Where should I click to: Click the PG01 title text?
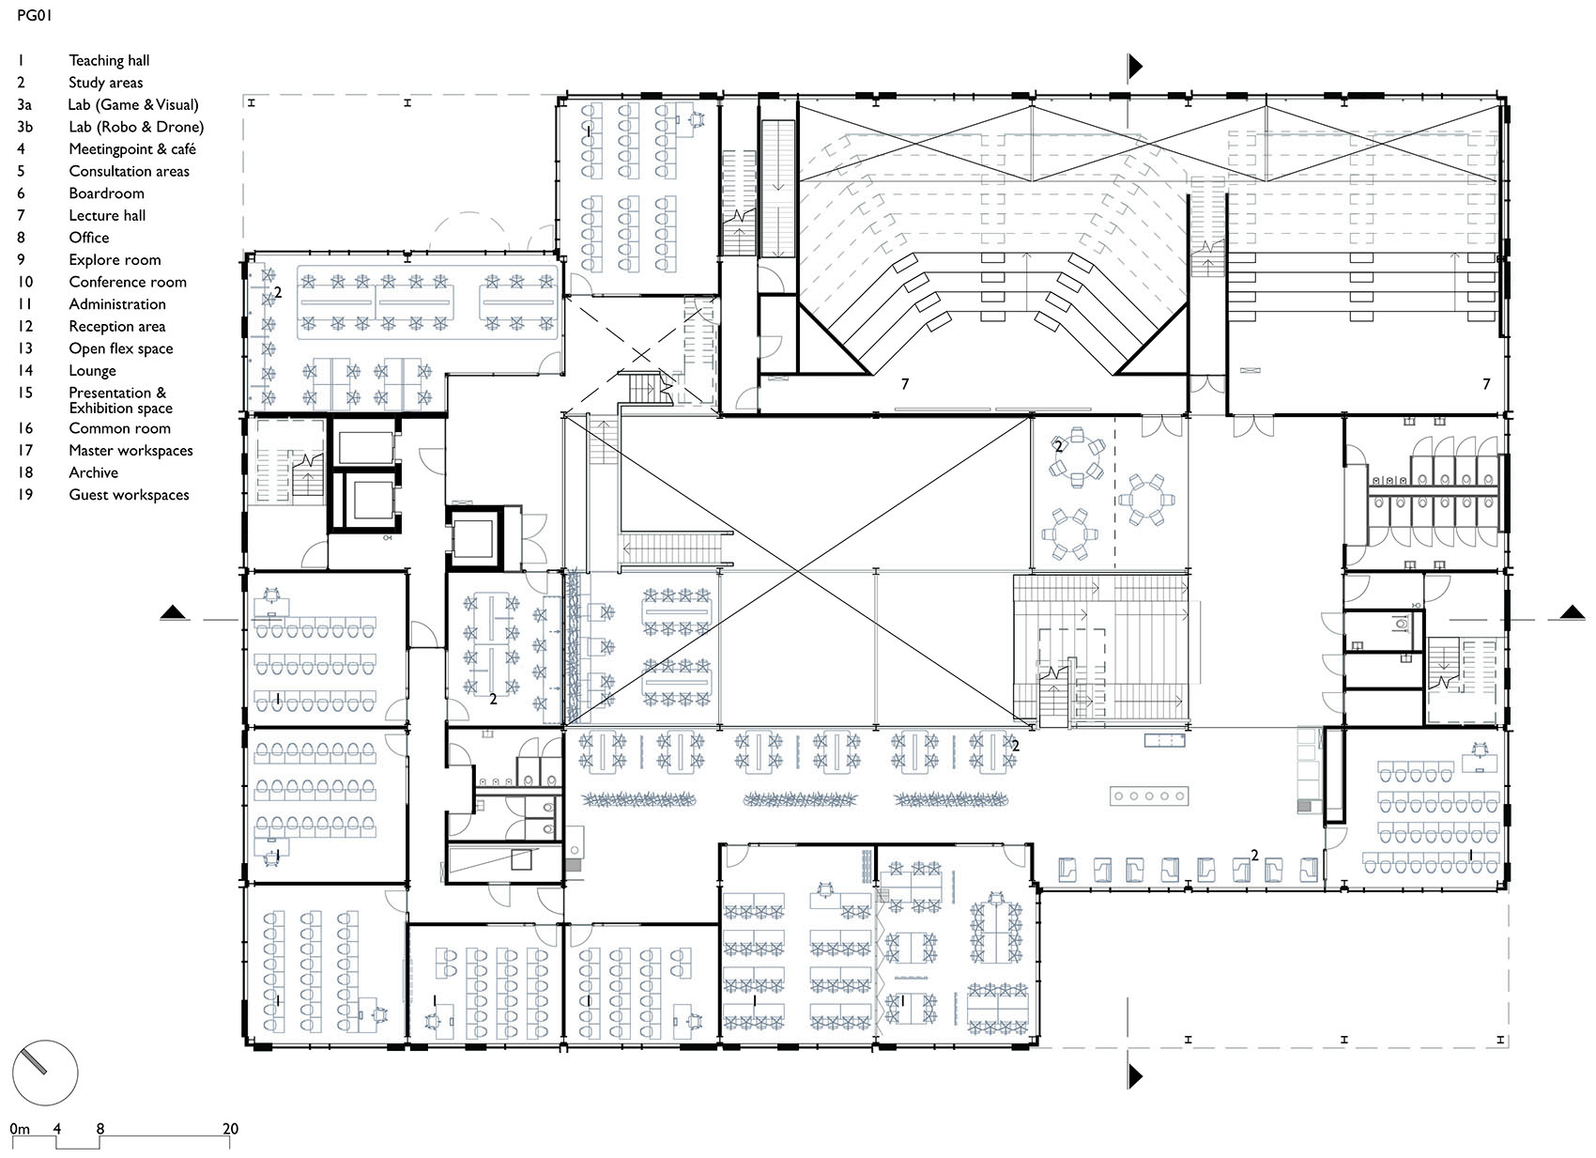pyautogui.click(x=34, y=16)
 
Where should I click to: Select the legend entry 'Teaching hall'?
pyautogui.click(x=109, y=60)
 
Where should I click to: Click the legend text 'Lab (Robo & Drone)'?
pyautogui.click(x=135, y=127)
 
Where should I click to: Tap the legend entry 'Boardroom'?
pyautogui.click(x=106, y=193)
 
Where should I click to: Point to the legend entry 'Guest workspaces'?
pyautogui.click(x=129, y=495)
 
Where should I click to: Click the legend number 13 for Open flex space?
pyautogui.click(x=24, y=348)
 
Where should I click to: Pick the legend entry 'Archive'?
pyautogui.click(x=93, y=472)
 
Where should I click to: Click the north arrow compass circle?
pyautogui.click(x=44, y=1072)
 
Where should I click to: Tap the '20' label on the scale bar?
pyautogui.click(x=230, y=1129)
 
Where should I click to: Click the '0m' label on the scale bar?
pyautogui.click(x=20, y=1129)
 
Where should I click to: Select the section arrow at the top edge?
pyautogui.click(x=1135, y=66)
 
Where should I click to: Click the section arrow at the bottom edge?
pyautogui.click(x=1135, y=1075)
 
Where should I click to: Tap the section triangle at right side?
pyautogui.click(x=1573, y=613)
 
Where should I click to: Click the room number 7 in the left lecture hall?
pyautogui.click(x=905, y=384)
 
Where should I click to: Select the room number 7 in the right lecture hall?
pyautogui.click(x=1486, y=384)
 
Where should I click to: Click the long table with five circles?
pyautogui.click(x=1149, y=796)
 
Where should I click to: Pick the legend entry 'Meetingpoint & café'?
pyautogui.click(x=131, y=149)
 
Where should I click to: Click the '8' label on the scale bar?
pyautogui.click(x=100, y=1129)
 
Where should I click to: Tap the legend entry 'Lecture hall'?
pyautogui.click(x=107, y=216)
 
